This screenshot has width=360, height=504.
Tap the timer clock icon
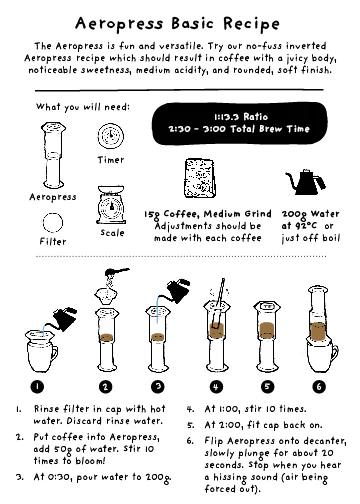tap(111, 135)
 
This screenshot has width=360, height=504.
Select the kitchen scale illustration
tap(112, 207)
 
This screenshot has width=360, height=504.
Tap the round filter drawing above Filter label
tap(52, 221)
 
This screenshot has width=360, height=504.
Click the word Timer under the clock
tap(111, 160)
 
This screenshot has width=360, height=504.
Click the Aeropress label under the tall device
tap(53, 197)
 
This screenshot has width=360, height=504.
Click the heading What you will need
tap(75, 107)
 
